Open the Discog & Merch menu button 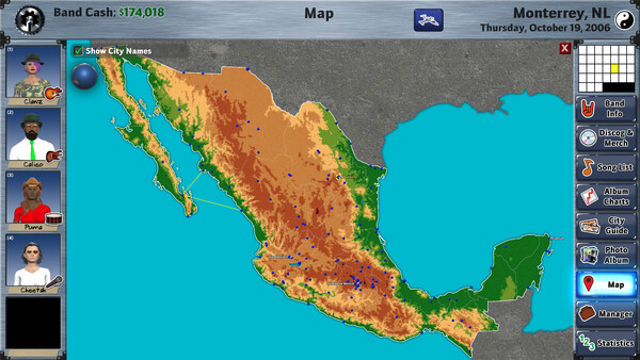607,139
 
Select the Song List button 607,168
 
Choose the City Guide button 607,226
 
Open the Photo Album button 607,255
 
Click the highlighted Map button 607,285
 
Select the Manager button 607,314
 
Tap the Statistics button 607,342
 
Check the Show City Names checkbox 78,50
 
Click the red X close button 565,48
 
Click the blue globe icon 84,76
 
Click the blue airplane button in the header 428,19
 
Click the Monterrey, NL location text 558,12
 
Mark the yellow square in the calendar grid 615,68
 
